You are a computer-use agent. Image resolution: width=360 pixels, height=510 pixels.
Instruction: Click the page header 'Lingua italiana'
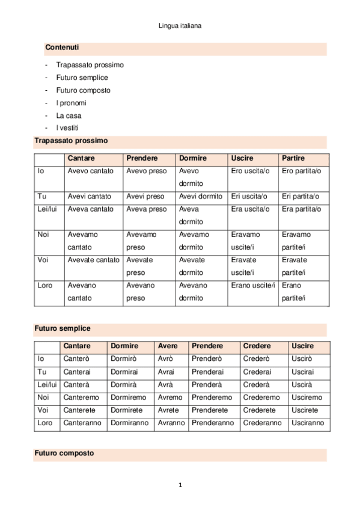pyautogui.click(x=180, y=26)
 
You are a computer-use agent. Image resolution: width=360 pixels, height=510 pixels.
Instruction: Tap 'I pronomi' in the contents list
pyautogui.click(x=71, y=103)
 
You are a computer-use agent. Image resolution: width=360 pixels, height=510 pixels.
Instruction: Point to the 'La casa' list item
pyautogui.click(x=69, y=115)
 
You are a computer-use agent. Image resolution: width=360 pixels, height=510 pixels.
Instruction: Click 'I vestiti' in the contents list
pyautogui.click(x=67, y=128)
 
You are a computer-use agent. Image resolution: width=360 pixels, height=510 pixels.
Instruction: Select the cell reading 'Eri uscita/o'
pyautogui.click(x=250, y=197)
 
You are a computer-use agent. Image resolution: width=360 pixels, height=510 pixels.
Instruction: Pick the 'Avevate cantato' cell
pyautogui.click(x=93, y=260)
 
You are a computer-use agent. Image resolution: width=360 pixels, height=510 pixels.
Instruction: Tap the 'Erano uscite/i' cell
pyautogui.click(x=253, y=285)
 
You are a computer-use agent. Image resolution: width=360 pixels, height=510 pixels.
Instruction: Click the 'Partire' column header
pyautogui.click(x=293, y=158)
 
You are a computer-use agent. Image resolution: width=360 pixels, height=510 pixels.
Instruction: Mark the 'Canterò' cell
pyautogui.click(x=76, y=359)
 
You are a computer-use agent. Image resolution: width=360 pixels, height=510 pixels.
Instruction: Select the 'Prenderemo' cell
pyautogui.click(x=212, y=398)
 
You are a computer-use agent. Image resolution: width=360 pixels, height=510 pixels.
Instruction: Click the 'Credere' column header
pyautogui.click(x=257, y=346)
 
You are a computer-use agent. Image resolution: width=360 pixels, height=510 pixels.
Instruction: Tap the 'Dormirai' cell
pyautogui.click(x=124, y=372)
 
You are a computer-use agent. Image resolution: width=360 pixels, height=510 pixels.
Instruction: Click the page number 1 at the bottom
pyautogui.click(x=180, y=485)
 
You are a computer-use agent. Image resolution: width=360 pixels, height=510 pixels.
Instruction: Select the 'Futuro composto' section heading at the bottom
pyautogui.click(x=64, y=453)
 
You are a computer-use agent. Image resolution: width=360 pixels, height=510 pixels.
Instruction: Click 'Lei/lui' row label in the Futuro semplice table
pyautogui.click(x=47, y=385)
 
